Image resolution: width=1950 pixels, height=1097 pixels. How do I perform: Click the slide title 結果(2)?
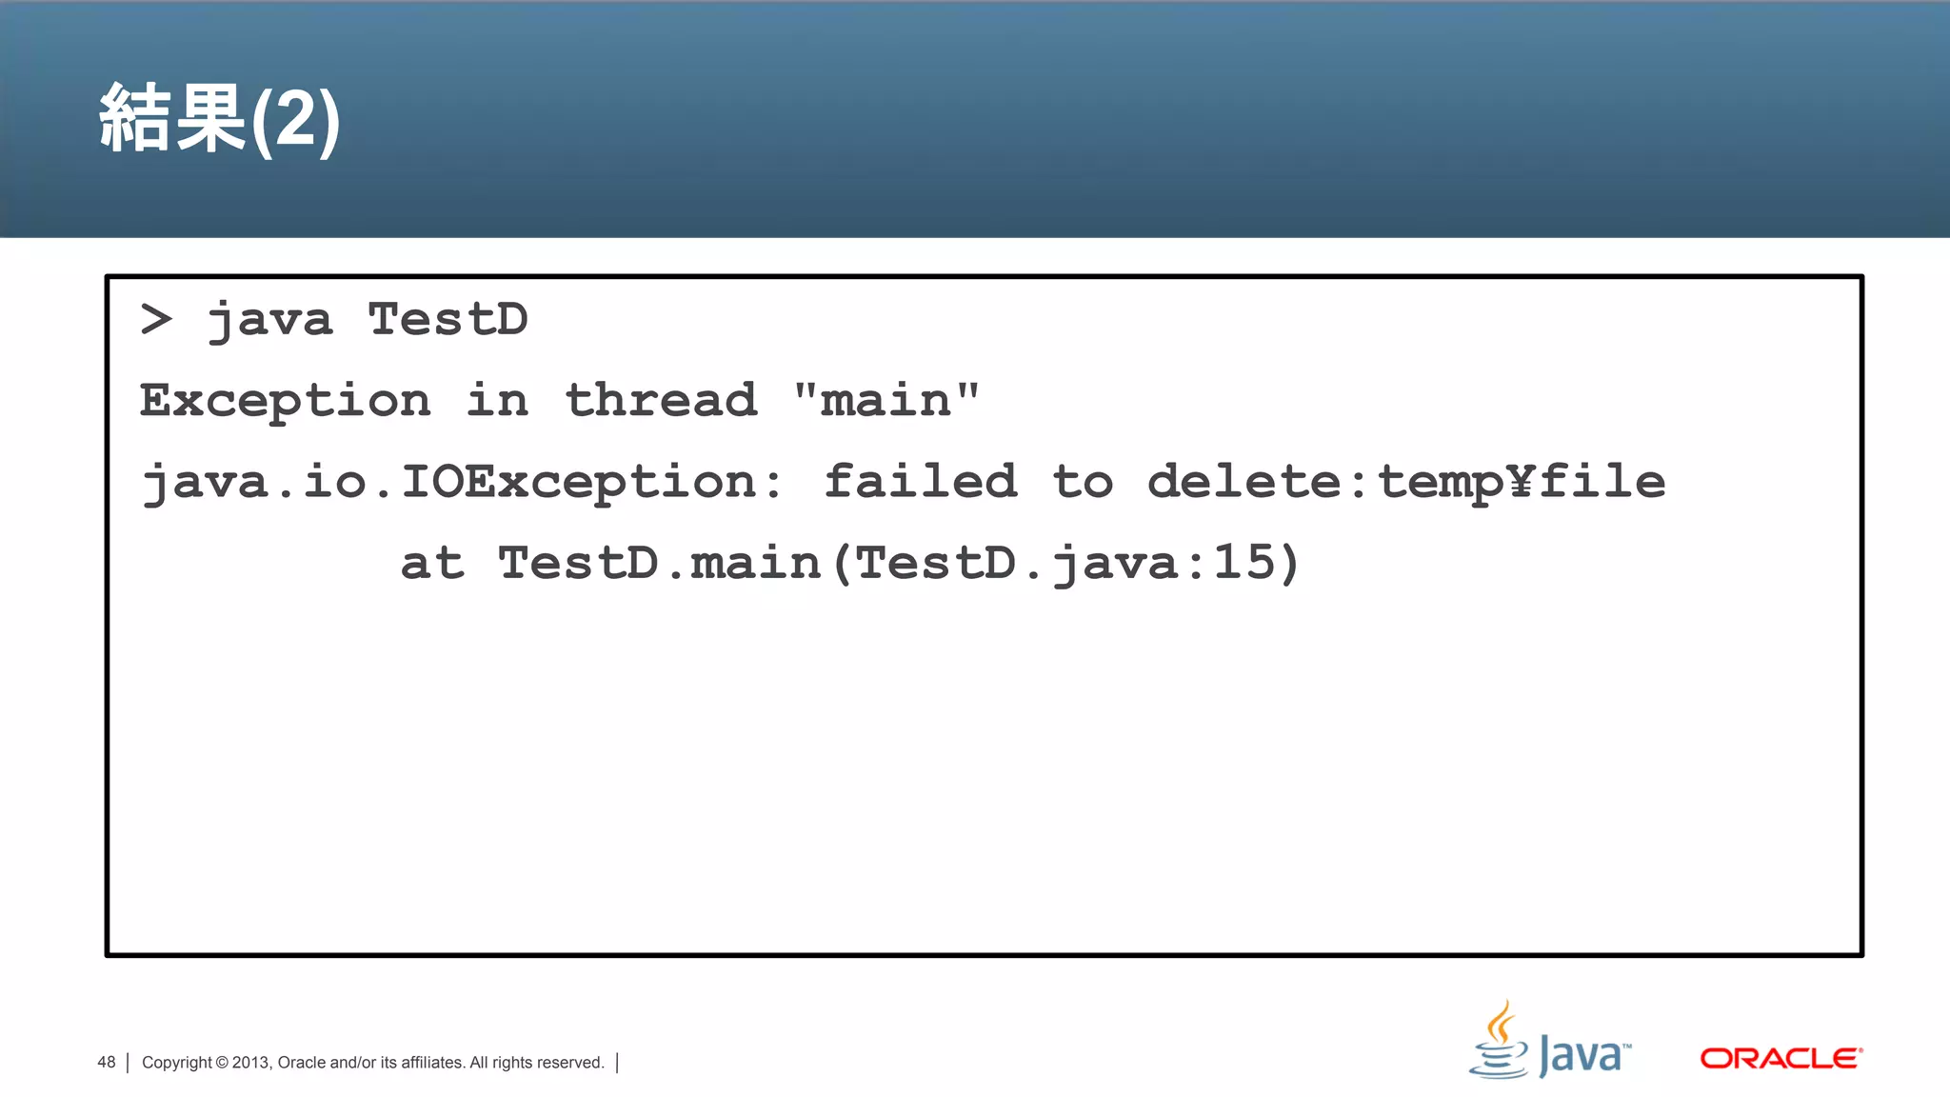[219, 119]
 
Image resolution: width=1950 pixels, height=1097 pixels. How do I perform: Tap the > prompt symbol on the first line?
[156, 319]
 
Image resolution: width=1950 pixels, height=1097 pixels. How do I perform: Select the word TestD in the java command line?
[448, 319]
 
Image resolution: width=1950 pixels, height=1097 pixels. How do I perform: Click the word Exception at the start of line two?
[285, 401]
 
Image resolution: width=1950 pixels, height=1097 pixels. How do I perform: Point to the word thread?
[661, 400]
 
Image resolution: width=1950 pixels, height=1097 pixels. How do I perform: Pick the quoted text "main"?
[886, 400]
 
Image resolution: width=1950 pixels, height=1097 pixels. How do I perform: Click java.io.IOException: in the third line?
[462, 482]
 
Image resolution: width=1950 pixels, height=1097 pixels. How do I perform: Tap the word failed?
[920, 481]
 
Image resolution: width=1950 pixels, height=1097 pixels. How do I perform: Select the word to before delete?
[1083, 482]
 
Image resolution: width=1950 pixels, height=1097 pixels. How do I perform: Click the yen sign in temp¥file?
[1522, 482]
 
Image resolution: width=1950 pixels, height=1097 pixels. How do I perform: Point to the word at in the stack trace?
[432, 564]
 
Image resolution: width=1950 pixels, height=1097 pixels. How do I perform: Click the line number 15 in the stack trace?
[1244, 563]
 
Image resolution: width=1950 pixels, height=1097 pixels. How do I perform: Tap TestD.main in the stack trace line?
[659, 563]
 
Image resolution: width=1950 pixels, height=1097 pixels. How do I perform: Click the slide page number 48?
[107, 1063]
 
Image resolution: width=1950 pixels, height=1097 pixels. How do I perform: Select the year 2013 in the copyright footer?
[251, 1063]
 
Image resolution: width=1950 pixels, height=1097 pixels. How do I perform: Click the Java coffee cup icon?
[1500, 1043]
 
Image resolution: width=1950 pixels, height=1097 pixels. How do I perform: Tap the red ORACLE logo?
[1781, 1059]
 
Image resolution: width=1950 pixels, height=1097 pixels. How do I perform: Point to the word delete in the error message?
[1244, 482]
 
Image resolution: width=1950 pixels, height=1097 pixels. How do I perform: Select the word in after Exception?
[497, 401]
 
